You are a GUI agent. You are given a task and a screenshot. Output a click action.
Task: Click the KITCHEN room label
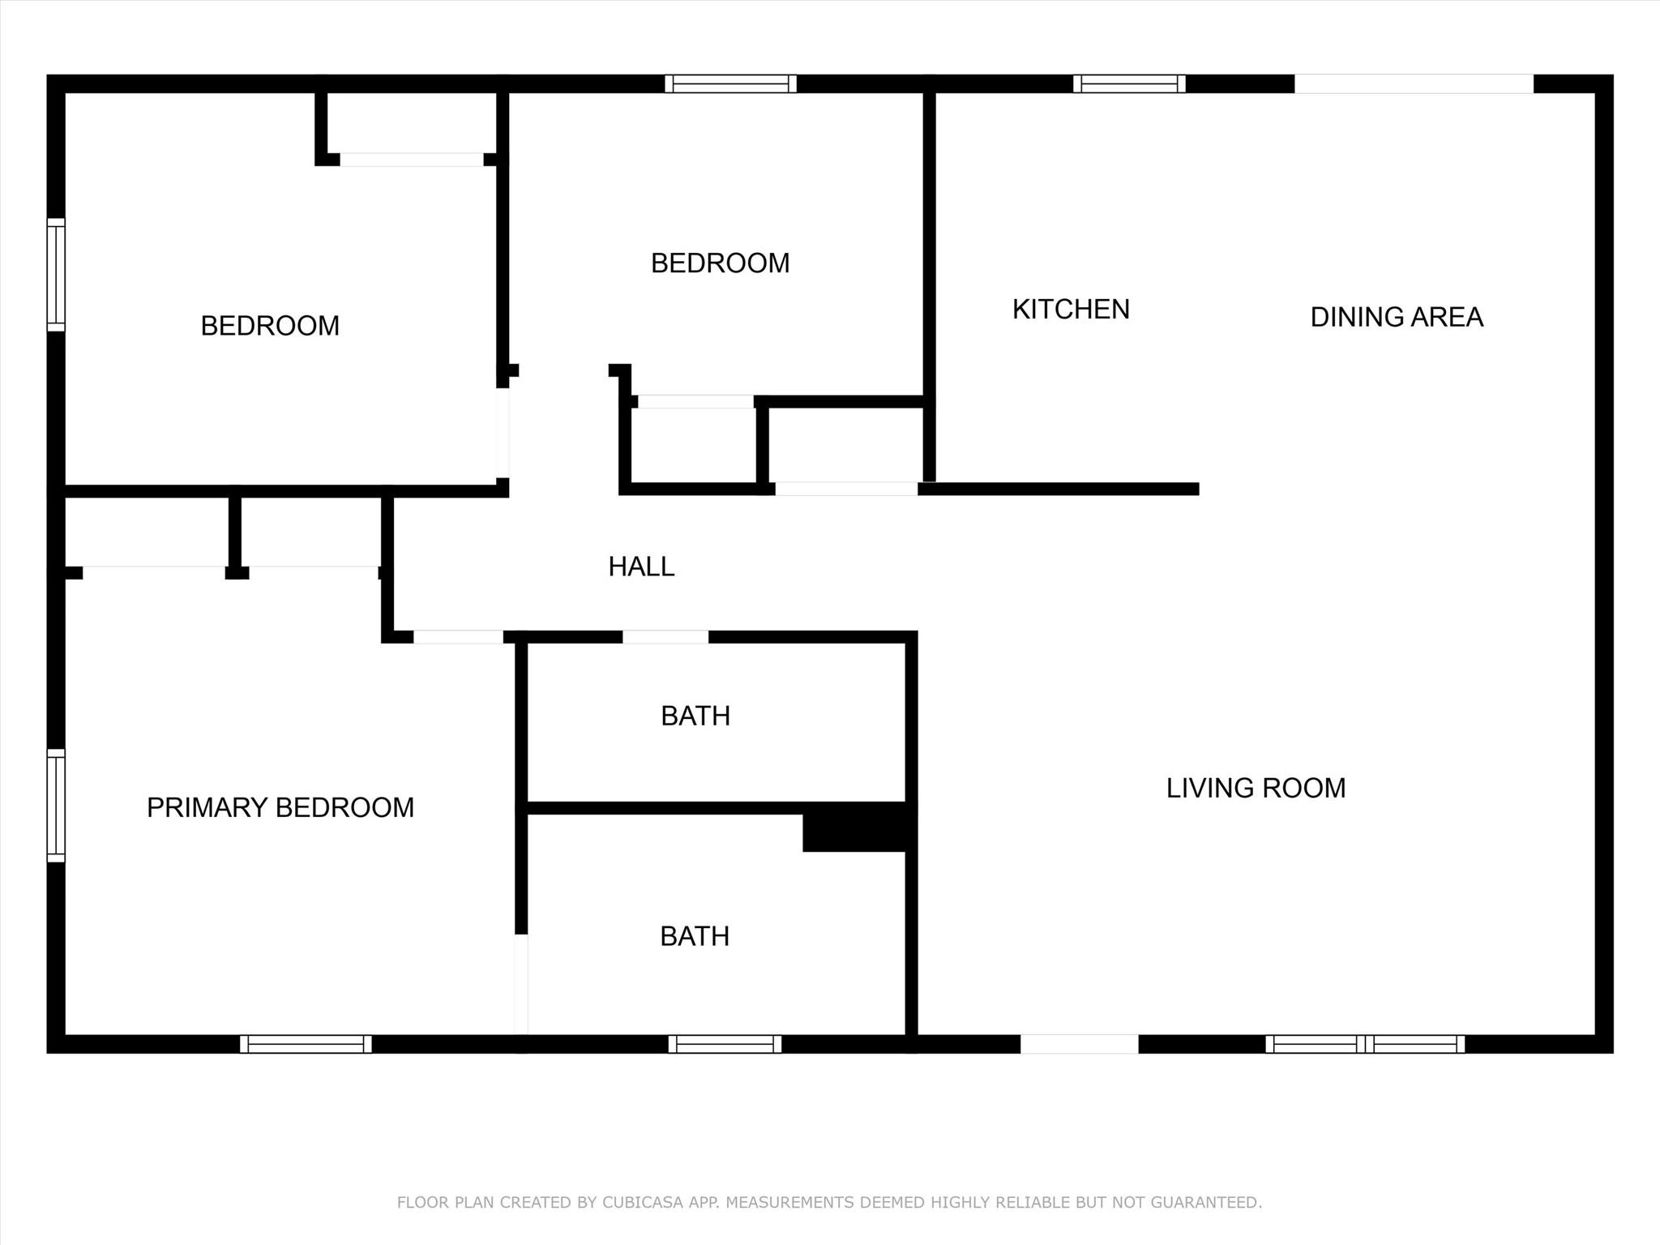coord(1071,309)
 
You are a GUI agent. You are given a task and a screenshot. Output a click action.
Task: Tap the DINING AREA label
coord(1397,317)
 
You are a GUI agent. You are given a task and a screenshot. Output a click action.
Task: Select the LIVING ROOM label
coord(1256,788)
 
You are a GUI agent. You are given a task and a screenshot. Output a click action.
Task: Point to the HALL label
coord(641,567)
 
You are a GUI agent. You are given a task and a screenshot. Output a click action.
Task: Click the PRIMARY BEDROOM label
coord(280,807)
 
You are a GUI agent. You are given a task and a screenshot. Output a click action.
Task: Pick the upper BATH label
coord(695,716)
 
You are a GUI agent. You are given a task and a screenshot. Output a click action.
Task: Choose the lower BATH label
coord(695,936)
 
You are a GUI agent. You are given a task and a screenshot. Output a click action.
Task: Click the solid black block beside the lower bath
coord(859,828)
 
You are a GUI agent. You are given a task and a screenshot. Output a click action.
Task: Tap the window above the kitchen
coord(1129,83)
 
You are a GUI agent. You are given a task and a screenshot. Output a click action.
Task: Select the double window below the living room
coord(1365,1044)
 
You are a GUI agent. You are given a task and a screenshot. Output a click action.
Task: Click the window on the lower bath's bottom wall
coord(725,1044)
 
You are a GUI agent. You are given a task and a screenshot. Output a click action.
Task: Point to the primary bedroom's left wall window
coord(56,806)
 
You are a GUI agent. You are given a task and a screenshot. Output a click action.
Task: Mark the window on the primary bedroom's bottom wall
coord(306,1044)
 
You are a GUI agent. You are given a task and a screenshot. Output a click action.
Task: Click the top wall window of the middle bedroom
coord(730,83)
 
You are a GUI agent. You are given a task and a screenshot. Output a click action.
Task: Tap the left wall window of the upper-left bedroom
coord(56,275)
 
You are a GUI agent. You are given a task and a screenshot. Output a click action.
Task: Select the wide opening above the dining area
coord(1414,83)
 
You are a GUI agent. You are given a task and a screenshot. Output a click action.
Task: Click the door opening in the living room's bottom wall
coord(1079,1044)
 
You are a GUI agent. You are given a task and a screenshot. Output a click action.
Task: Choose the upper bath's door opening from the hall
coord(665,637)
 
